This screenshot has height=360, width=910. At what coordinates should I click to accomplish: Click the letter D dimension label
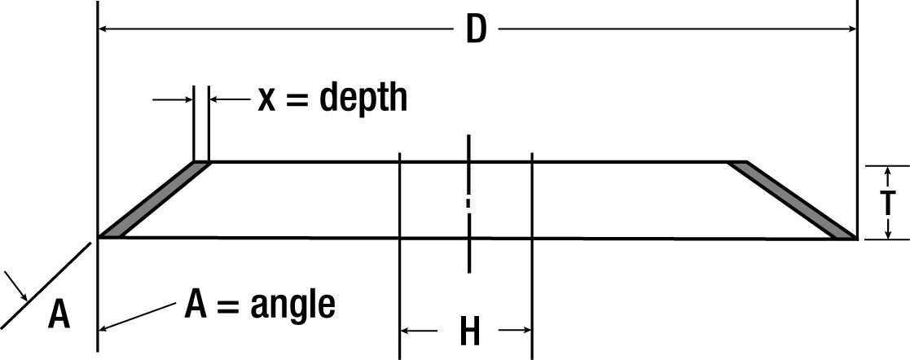pos(476,31)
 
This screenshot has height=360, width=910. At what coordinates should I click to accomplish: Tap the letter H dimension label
pos(469,331)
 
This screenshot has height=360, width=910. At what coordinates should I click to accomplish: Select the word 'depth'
pos(363,99)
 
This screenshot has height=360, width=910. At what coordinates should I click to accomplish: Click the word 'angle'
pos(293,305)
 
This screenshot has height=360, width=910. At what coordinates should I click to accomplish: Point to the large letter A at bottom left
pos(58,314)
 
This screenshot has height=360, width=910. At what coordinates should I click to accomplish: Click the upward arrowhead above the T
pos(887,170)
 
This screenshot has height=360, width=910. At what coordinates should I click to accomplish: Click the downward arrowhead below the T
pos(887,235)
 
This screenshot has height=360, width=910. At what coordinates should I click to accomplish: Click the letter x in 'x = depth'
pos(267,99)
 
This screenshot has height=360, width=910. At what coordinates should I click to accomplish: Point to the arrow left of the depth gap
pos(186,99)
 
